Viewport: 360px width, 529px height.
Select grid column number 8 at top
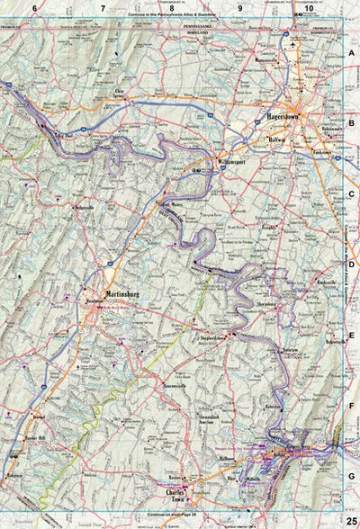tap(170, 8)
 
